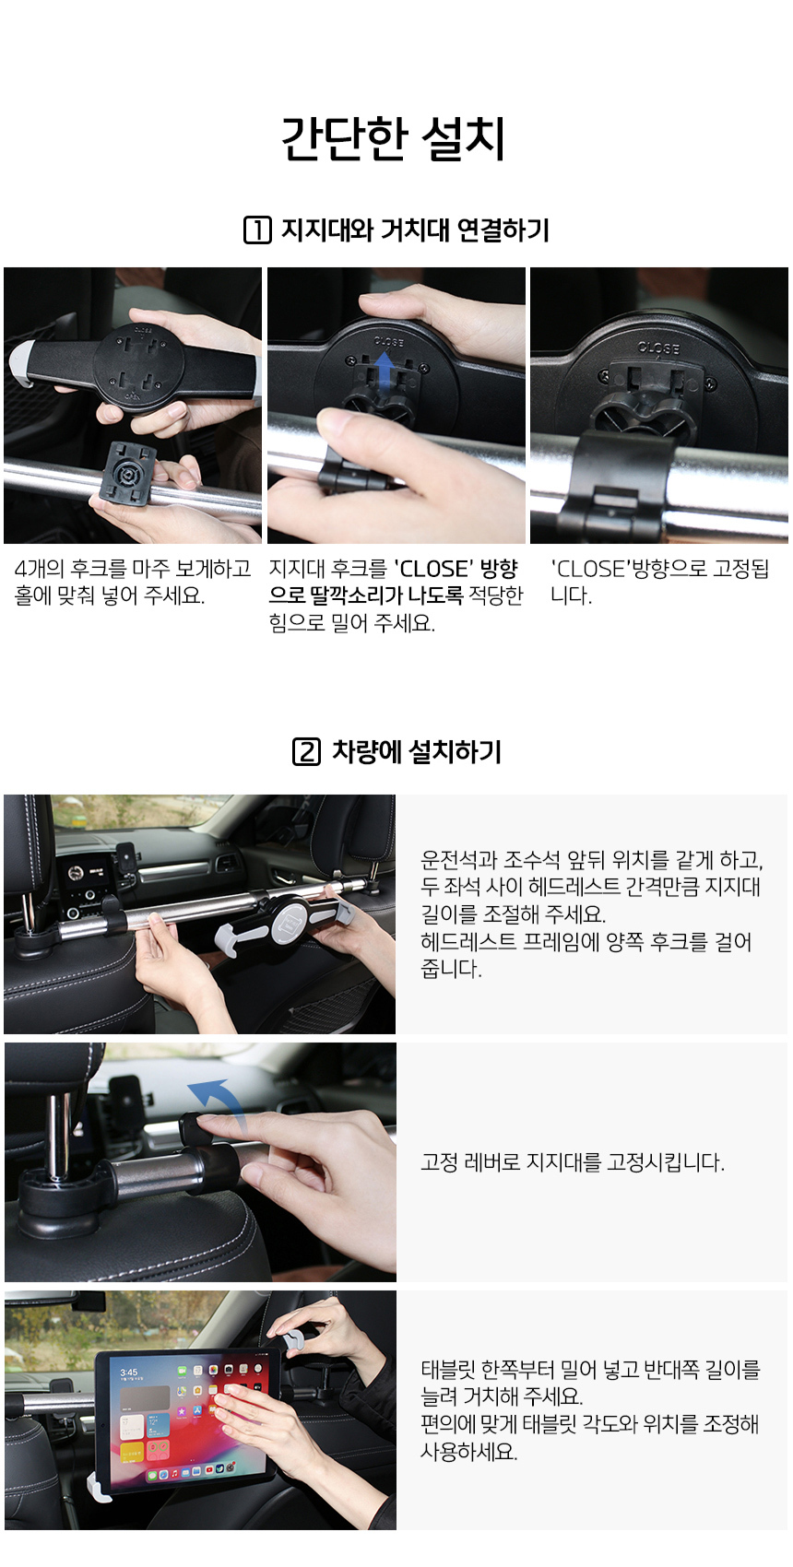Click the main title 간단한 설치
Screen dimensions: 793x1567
tap(393, 138)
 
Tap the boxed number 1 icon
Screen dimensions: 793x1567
tap(257, 230)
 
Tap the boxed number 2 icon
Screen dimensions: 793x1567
tap(306, 752)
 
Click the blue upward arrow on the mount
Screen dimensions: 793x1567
tap(385, 371)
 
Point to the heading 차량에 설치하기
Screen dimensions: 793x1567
tap(417, 752)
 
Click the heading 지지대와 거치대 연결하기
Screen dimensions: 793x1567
tap(416, 230)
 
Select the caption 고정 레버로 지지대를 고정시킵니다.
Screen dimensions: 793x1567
tap(572, 1162)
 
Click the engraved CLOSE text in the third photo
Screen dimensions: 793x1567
tap(658, 348)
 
